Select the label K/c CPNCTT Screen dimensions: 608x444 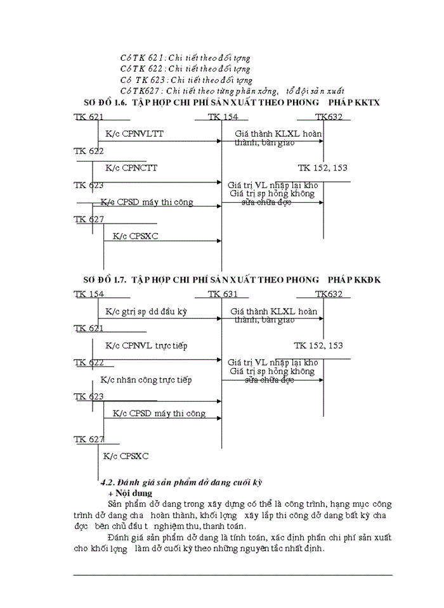131,168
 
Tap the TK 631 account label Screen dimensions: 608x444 223,294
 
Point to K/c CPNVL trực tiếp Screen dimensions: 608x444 146,346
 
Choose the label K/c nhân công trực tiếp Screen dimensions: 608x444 146,380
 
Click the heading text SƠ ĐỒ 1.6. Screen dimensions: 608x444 106,103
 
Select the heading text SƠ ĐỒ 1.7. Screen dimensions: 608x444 106,279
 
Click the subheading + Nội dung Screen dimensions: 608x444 129,493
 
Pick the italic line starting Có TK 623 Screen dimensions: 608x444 186,80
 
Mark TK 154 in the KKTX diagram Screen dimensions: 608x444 223,117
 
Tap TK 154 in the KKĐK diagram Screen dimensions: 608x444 89,294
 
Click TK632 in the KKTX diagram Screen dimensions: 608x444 329,117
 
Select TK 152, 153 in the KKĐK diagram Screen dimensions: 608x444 318,346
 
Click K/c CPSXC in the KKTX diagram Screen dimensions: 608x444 135,236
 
